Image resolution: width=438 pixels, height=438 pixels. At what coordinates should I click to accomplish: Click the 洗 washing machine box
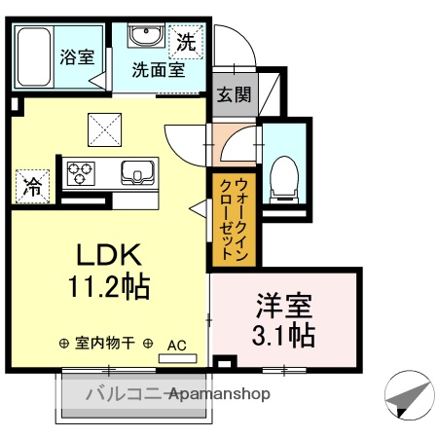185,41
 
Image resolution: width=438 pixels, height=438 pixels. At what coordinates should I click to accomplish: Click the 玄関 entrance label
233,94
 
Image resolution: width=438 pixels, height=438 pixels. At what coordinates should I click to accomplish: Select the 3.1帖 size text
285,336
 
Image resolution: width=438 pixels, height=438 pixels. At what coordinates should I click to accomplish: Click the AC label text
177,344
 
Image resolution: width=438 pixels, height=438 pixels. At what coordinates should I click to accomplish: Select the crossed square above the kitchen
102,128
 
